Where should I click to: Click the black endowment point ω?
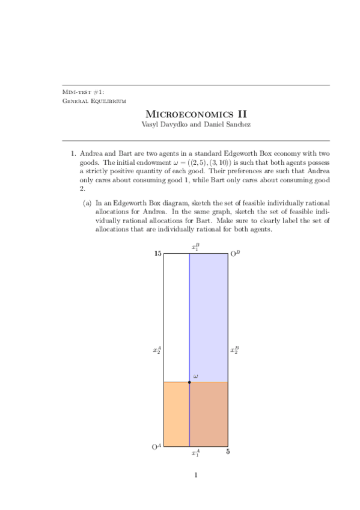tap(189, 382)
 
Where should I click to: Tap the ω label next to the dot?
tap(195, 376)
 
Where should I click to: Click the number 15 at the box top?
tap(157, 254)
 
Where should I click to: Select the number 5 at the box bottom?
tap(228, 452)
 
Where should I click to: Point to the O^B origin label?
tap(236, 254)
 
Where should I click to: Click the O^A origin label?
tap(156, 447)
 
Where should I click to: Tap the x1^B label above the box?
tap(195, 247)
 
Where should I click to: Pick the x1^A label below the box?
tap(195, 453)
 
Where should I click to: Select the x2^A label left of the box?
tap(157, 349)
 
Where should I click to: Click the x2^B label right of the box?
tap(235, 349)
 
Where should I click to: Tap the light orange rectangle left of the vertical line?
tap(177, 414)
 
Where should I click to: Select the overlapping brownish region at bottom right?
tap(209, 414)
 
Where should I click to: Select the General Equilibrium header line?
tap(94, 100)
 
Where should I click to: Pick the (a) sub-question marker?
tap(87, 203)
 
